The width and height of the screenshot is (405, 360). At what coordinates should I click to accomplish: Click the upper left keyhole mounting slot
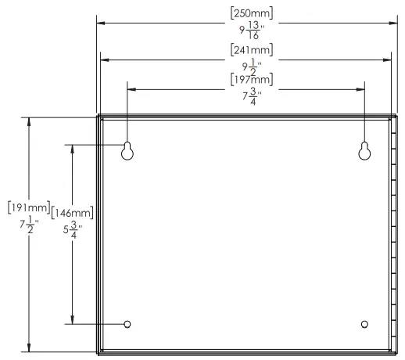pos(127,151)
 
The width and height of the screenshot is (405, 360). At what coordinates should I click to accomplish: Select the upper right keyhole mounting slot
pos(364,151)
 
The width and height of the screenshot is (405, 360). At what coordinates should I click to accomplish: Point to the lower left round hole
pos(127,324)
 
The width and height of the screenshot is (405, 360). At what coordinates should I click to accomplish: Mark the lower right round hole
pos(364,324)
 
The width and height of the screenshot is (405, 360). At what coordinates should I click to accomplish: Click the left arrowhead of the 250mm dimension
pos(101,23)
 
